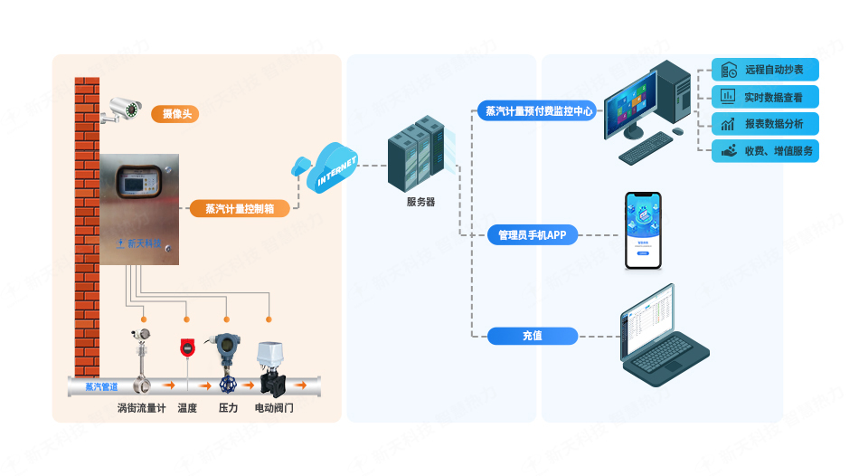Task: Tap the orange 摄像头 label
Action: click(174, 114)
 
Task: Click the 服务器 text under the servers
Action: click(420, 202)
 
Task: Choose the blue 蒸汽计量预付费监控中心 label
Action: click(540, 112)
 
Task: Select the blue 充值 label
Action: click(533, 336)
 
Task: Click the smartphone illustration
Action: click(643, 230)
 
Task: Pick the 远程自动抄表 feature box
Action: click(765, 70)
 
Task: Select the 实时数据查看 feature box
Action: click(765, 97)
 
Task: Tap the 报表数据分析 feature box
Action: click(765, 124)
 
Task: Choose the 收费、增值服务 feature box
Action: click(765, 151)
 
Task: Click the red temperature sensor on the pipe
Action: click(187, 348)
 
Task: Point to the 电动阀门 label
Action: click(274, 408)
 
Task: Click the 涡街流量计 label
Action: click(141, 408)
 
